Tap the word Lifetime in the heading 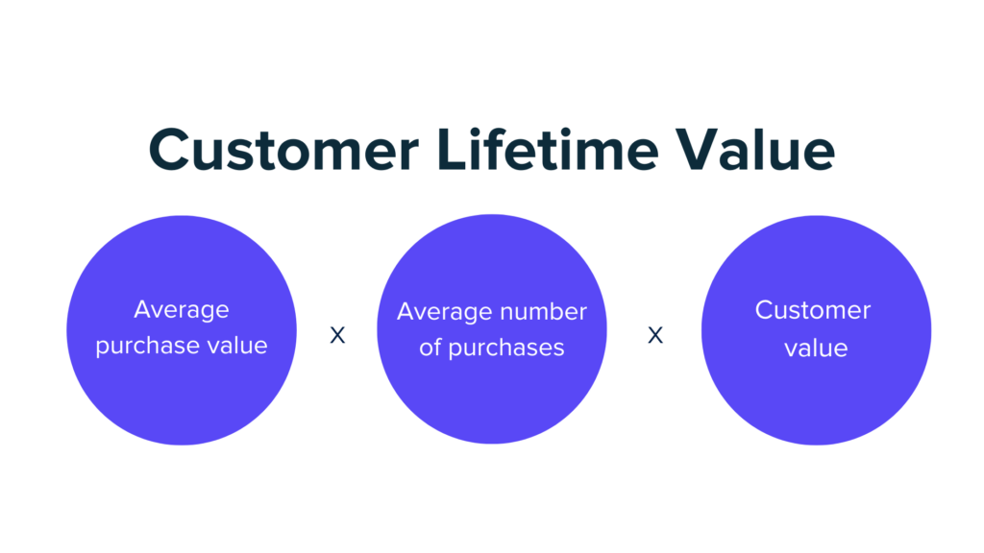548,149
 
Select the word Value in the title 755,149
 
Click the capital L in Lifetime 453,149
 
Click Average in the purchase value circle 182,310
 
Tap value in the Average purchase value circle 237,346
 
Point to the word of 430,348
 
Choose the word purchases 506,349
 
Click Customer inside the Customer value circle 813,310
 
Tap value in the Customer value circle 816,348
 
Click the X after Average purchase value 337,335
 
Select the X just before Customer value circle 655,335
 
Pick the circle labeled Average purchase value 182,330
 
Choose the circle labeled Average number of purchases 492,329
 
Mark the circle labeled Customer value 817,330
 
